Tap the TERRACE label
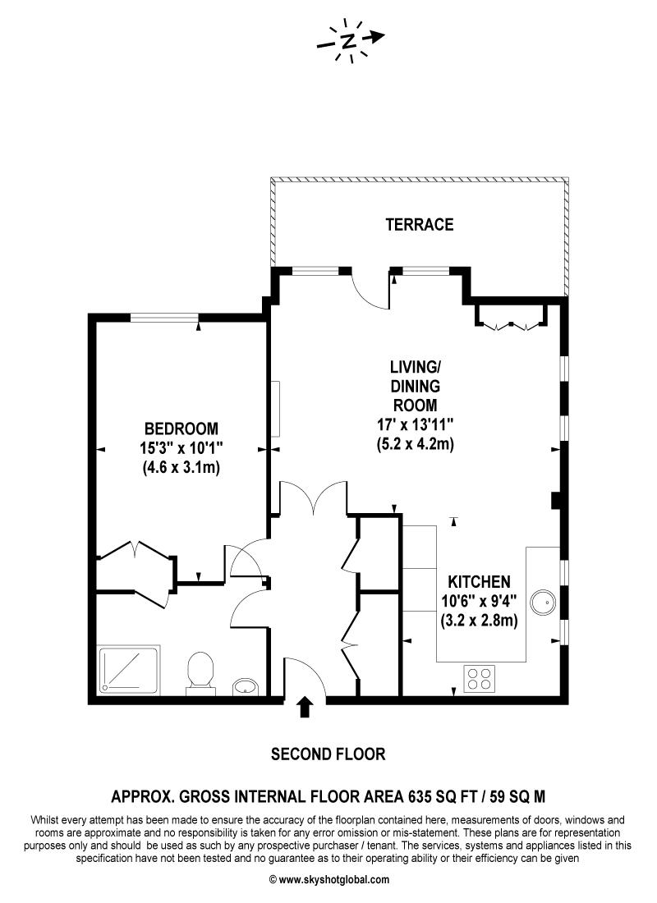(420, 224)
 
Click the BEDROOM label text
(181, 428)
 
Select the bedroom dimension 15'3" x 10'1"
(181, 448)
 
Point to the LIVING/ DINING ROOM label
(415, 385)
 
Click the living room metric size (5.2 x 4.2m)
(415, 444)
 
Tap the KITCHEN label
(480, 581)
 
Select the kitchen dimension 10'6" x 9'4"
(480, 601)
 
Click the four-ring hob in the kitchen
(480, 677)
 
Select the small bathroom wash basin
(244, 685)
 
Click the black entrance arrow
(305, 707)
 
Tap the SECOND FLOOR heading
(328, 754)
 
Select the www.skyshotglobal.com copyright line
(328, 879)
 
